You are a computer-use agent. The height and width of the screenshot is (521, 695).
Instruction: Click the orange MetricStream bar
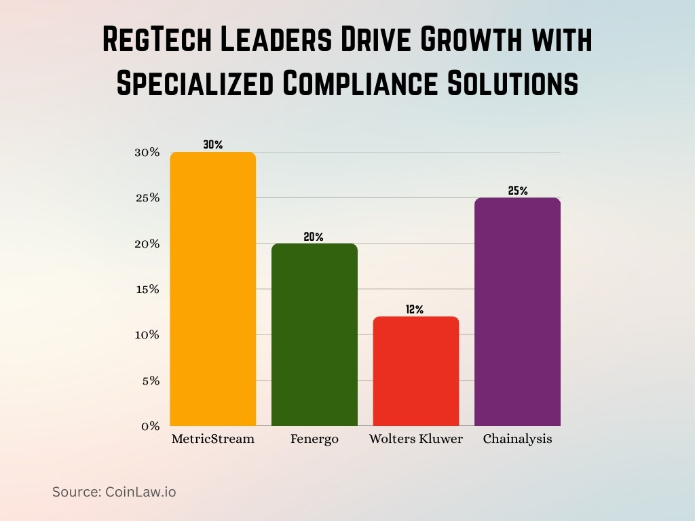(213, 289)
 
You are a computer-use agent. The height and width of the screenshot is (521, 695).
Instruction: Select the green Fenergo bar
(314, 334)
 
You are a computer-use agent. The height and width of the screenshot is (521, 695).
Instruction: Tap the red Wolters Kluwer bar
(415, 371)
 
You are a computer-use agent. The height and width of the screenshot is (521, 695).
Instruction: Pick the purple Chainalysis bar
(517, 312)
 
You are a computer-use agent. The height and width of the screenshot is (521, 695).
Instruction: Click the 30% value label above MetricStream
(212, 144)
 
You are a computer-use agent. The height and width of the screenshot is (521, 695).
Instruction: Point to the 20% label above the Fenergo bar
(314, 237)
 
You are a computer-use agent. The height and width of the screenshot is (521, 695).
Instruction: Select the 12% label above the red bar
(415, 309)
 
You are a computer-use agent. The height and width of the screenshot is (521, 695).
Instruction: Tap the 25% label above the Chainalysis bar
(517, 191)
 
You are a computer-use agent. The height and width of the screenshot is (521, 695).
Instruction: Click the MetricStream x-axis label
(213, 439)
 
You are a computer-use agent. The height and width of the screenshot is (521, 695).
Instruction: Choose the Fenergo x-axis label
(314, 439)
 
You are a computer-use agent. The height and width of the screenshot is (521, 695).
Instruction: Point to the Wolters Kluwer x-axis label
(415, 439)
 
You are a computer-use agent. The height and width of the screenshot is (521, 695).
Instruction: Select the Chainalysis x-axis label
(517, 439)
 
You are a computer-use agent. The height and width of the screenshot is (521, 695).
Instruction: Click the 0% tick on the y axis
(151, 426)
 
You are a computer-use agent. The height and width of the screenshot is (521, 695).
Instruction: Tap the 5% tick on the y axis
(151, 381)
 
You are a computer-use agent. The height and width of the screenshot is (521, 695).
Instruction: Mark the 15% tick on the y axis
(147, 289)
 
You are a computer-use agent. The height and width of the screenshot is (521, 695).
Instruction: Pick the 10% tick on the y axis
(147, 334)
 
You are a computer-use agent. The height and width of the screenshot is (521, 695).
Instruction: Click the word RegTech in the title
(159, 41)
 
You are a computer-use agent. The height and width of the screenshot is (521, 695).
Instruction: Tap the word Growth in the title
(466, 41)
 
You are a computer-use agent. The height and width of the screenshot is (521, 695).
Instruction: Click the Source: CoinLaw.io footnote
(114, 492)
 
